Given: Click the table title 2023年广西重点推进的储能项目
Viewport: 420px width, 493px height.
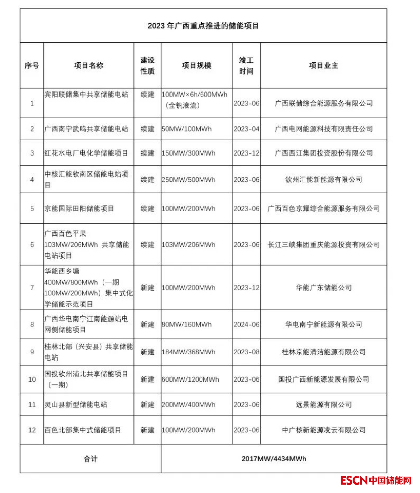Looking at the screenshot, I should pyautogui.click(x=203, y=26).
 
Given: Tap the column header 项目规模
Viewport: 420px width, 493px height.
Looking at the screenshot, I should pyautogui.click(x=196, y=66).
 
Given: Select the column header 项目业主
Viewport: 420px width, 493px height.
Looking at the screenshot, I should pyautogui.click(x=323, y=66).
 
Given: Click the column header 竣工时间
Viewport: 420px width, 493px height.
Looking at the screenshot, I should pyautogui.click(x=246, y=66).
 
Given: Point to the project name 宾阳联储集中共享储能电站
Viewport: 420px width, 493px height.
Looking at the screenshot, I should pyautogui.click(x=87, y=95).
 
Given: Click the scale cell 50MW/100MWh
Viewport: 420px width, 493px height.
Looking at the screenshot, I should pyautogui.click(x=186, y=129).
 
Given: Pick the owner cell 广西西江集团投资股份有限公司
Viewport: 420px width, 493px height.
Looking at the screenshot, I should pyautogui.click(x=323, y=153).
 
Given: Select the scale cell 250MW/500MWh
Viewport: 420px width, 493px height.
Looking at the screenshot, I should pyautogui.click(x=188, y=180).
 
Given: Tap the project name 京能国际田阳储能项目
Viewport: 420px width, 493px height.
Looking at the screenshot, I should pyautogui.click(x=79, y=209).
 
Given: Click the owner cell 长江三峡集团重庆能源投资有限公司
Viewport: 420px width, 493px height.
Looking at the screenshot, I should pyautogui.click(x=323, y=245).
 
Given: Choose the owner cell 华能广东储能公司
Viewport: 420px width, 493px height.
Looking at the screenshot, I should pyautogui.click(x=323, y=288).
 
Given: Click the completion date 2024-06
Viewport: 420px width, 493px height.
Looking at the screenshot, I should pyautogui.click(x=246, y=325).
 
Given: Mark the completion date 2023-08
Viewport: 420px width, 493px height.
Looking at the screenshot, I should pyautogui.click(x=246, y=352).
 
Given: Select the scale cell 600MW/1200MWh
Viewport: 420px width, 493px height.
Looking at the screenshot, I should pyautogui.click(x=190, y=379).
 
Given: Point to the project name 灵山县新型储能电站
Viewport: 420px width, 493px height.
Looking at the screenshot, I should pyautogui.click(x=76, y=405).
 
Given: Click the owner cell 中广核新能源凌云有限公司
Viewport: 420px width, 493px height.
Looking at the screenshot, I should pyautogui.click(x=323, y=430).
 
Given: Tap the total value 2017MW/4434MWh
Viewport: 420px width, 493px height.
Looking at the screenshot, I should pyautogui.click(x=274, y=459).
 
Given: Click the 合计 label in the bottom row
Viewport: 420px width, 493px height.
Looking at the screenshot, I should pyautogui.click(x=91, y=459).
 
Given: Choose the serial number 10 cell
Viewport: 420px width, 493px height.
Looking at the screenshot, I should pyautogui.click(x=32, y=379).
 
